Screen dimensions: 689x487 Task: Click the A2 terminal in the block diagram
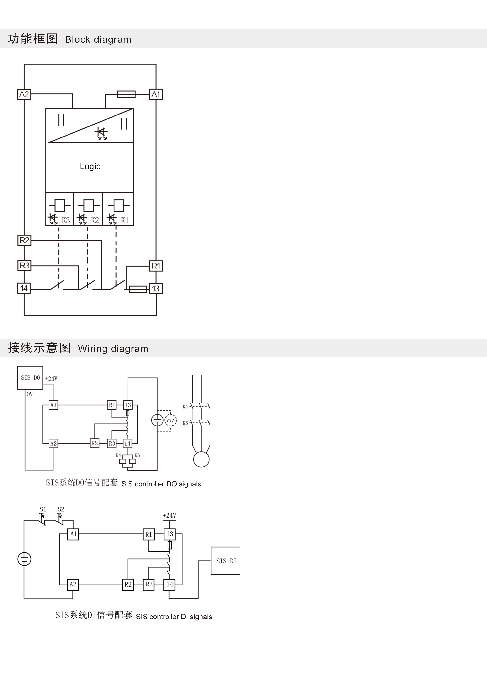(24, 94)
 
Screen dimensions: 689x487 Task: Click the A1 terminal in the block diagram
(156, 94)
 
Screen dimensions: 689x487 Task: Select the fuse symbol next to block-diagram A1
(126, 94)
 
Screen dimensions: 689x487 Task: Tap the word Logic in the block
(90, 166)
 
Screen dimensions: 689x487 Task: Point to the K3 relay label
(66, 220)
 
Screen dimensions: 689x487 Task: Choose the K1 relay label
(124, 220)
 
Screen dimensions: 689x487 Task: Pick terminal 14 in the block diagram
(24, 288)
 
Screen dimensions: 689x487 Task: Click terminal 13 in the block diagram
(156, 289)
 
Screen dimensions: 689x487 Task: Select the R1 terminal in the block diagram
(156, 266)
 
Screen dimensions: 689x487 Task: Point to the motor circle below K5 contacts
(201, 459)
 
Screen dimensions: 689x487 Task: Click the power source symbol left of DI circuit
(24, 559)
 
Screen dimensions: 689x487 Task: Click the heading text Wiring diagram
(113, 348)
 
